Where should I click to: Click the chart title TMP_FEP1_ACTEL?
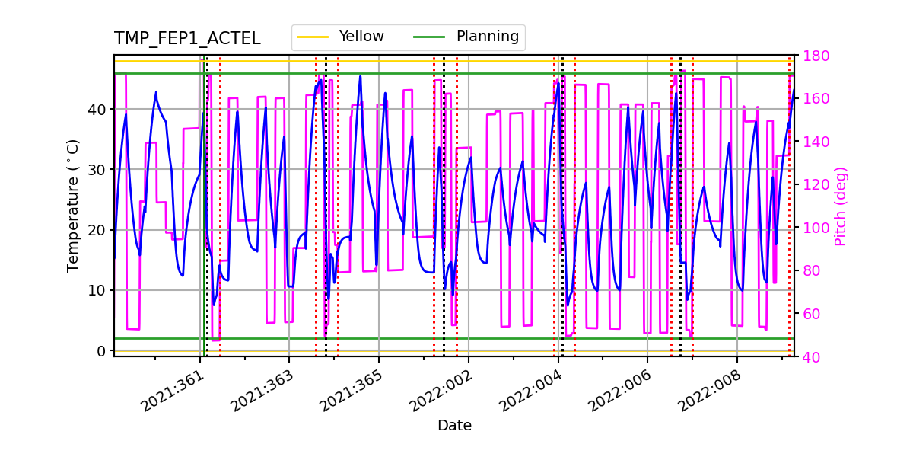[x=187, y=39]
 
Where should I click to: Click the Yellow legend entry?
[x=361, y=37]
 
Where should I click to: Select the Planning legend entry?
[x=487, y=37]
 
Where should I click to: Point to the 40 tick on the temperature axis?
[x=97, y=109]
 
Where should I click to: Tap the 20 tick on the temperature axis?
[x=97, y=230]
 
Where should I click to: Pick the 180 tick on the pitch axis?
[x=815, y=56]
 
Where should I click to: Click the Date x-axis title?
[x=454, y=426]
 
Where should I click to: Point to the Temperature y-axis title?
[x=73, y=206]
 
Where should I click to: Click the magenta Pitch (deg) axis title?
[x=840, y=206]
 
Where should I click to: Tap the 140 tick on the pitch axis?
[x=815, y=142]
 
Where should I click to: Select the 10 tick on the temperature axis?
[x=97, y=290]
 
